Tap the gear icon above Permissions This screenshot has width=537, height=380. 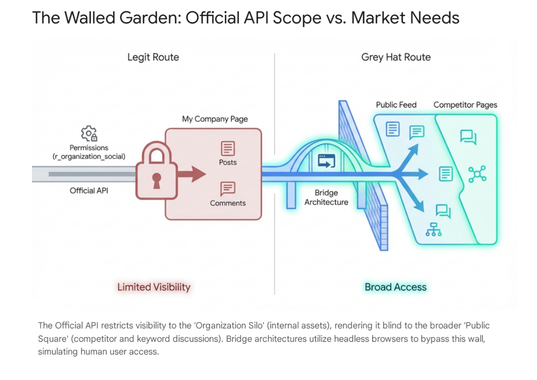pos(89,133)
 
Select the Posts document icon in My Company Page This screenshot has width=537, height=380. pos(228,148)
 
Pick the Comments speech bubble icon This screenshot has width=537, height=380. pos(228,189)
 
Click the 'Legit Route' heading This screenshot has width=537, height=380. pos(153,57)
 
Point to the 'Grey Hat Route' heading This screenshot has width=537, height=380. pos(396,57)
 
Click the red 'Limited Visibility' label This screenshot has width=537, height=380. pos(154,287)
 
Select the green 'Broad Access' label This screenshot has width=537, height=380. pos(395,287)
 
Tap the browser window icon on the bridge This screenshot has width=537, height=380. pos(326,161)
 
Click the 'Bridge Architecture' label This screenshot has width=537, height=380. pos(326,197)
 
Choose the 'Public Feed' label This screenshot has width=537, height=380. pos(396,105)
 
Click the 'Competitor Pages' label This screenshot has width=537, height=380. pos(465,105)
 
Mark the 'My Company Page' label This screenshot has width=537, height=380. pos(215,119)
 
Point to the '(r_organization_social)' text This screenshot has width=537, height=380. pos(89,157)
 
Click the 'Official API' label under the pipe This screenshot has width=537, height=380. pos(89,191)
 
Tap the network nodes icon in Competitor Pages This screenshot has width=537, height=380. pos(477,174)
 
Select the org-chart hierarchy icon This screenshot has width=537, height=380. pos(433,229)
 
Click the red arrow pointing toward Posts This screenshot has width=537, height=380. pos(191,175)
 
